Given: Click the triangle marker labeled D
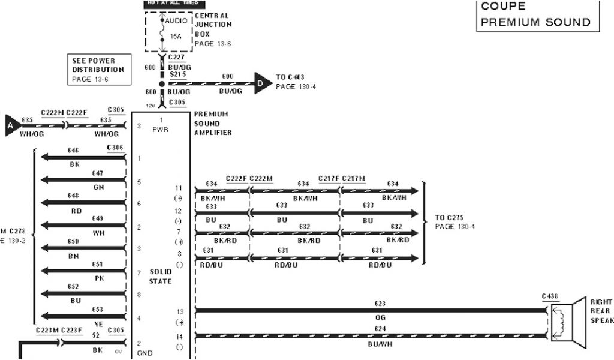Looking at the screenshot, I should coord(261,83).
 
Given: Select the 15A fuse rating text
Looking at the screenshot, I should coord(175,37).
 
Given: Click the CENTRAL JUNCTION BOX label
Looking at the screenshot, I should coord(213,25).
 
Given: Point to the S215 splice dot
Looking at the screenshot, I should coord(161,83).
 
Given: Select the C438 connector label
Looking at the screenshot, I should coord(550,296).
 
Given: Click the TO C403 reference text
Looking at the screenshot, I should coord(295,82).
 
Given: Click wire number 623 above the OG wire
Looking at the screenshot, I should coord(380,304).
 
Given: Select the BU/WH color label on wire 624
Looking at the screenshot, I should coord(380,346).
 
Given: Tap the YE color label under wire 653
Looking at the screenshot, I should coord(98,323).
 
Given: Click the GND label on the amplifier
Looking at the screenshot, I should coord(145,353).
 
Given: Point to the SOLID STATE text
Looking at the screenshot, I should coord(160,276).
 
